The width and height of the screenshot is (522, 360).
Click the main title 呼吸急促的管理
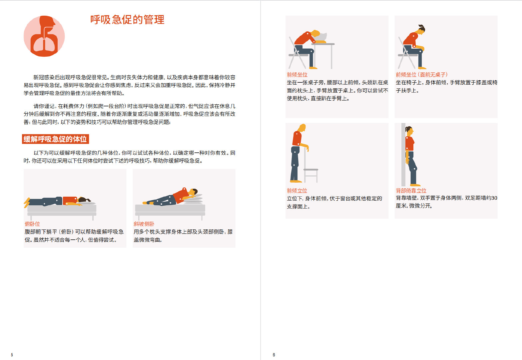point(127,20)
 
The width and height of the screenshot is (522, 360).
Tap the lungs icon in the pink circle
point(44,36)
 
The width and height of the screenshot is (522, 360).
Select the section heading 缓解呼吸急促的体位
point(55,139)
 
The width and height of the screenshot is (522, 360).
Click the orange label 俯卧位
point(32,224)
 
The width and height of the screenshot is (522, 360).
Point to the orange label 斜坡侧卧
point(144,224)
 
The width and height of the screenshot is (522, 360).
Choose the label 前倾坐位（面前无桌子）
point(421,75)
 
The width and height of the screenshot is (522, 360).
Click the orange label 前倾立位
point(297,191)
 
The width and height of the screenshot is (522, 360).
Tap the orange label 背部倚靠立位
point(411,191)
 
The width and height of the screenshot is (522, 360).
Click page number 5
point(12,355)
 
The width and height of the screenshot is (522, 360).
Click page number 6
point(274,355)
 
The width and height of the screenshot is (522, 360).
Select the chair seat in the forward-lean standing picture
point(311,170)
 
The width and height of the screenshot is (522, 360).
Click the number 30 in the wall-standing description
point(494,198)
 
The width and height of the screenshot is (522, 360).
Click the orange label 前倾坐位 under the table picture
point(297,75)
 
